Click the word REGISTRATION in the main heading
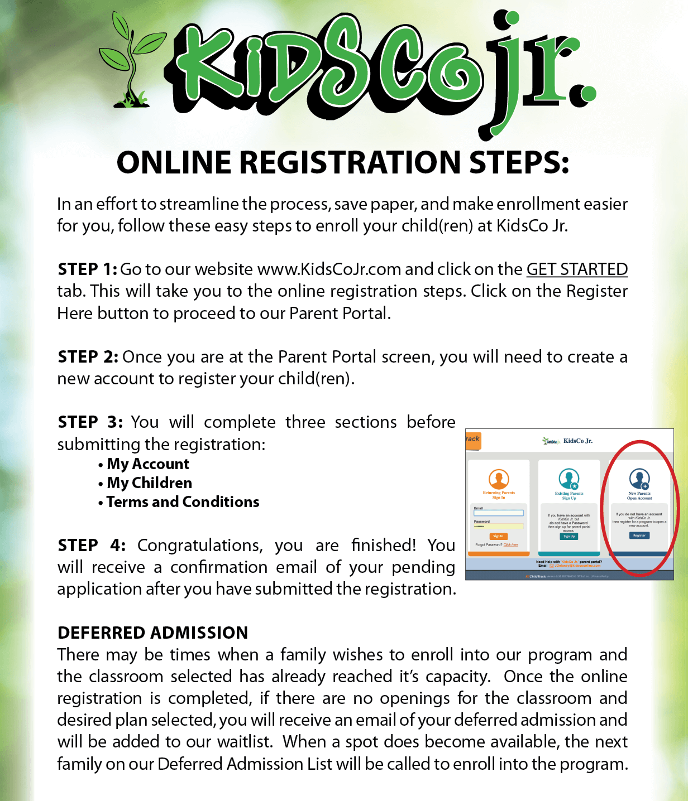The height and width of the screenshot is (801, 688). point(352,163)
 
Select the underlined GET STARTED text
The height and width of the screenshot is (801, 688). point(577,269)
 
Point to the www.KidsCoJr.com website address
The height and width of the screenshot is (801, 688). point(329,269)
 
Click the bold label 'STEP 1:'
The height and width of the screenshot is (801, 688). point(87,269)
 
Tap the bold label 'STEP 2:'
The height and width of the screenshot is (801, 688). point(88,357)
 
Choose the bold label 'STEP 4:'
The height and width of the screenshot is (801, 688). point(92,545)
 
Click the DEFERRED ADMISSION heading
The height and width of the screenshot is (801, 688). point(152,633)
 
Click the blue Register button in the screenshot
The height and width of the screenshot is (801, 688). point(639,535)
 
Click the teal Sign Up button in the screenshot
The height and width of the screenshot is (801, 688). point(569,537)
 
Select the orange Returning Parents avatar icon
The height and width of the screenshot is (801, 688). point(499,479)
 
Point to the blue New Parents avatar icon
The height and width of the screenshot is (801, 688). point(639,479)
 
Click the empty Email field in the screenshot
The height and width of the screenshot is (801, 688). point(499,513)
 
